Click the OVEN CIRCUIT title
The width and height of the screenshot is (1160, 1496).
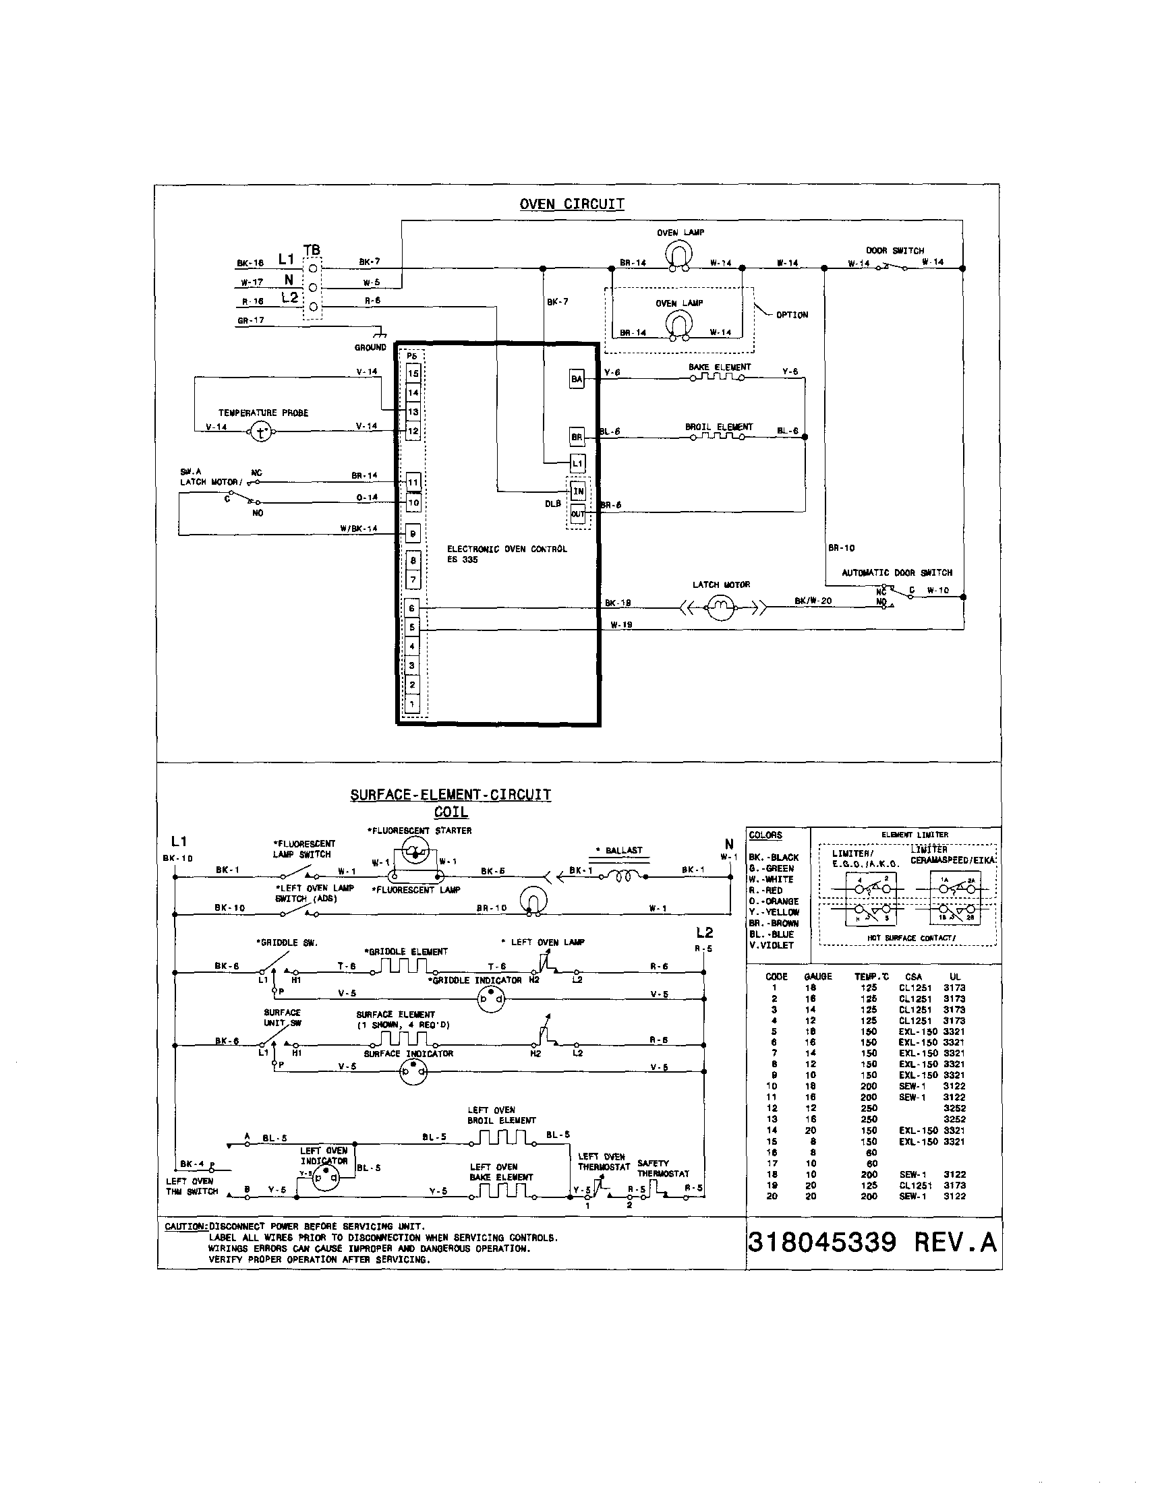[571, 204]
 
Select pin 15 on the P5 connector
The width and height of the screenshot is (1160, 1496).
[413, 373]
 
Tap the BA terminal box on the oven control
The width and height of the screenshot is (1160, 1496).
[577, 379]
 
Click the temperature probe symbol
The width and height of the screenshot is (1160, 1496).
[260, 431]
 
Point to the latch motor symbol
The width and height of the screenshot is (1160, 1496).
[720, 606]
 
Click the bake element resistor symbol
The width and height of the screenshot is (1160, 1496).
[718, 376]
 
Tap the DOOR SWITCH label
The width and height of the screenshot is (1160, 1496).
[895, 251]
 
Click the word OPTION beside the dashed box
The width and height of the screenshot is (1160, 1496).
[791, 315]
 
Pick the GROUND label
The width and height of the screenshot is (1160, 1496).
[370, 347]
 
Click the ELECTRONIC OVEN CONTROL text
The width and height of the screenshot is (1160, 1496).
[506, 549]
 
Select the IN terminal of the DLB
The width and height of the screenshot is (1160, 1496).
[578, 491]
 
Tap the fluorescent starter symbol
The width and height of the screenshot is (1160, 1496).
[414, 853]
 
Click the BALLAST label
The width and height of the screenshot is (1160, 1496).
[622, 850]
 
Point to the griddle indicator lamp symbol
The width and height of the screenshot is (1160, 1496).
[490, 999]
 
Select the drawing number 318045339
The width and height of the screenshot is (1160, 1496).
[821, 1241]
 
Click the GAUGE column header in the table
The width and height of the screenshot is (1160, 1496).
[817, 976]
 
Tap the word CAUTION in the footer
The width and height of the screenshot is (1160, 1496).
[185, 1226]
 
